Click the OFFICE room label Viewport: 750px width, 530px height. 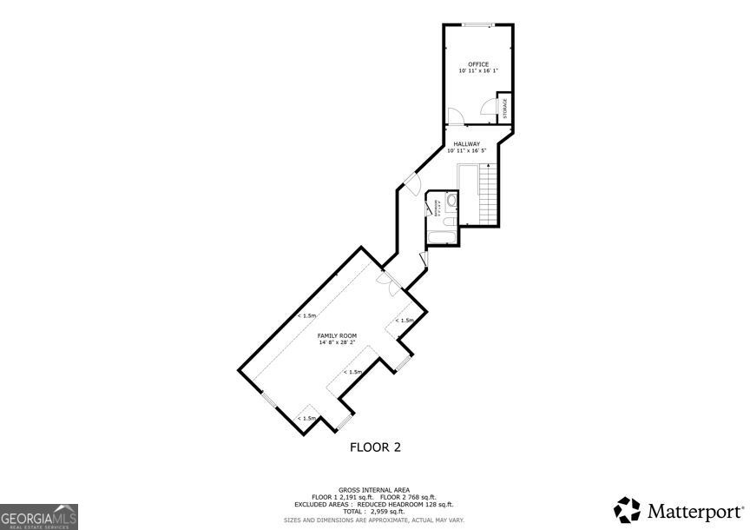click(478, 64)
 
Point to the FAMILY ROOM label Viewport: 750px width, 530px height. click(336, 335)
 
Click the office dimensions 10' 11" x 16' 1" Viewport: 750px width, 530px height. click(478, 71)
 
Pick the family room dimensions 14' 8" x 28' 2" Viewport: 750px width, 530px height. click(336, 342)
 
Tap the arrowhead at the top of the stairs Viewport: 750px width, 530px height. click(489, 165)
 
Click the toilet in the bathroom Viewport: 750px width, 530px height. click(451, 201)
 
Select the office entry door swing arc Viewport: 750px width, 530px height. click(454, 114)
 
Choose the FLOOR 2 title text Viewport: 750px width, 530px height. click(375, 447)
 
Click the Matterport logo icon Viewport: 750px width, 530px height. click(627, 509)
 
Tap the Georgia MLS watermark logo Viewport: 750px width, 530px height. click(39, 516)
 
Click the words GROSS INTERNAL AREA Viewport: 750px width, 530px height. click(374, 489)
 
